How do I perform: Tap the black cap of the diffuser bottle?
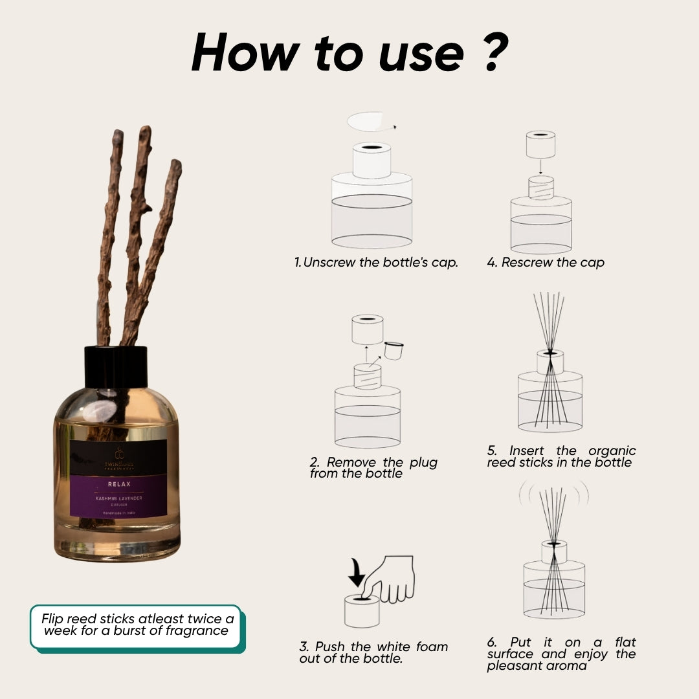pos(116,366)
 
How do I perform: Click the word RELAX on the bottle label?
pos(119,483)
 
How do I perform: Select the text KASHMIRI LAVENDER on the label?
pos(119,497)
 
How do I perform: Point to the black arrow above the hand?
pos(357,571)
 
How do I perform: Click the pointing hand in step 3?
pos(392,579)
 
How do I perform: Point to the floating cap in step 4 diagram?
pos(540,144)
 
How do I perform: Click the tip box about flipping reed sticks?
pos(135,624)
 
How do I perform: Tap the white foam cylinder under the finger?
pos(361,612)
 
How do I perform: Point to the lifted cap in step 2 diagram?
pos(367,329)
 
